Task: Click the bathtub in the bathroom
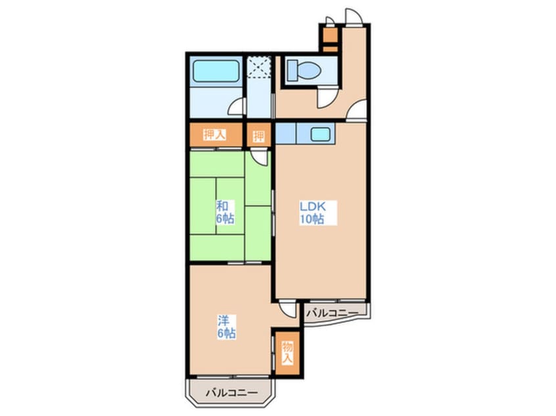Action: point(216,71)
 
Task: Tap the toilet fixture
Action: point(304,70)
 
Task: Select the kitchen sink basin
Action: point(320,134)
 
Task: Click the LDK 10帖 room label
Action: point(312,213)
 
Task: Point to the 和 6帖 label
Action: point(225,212)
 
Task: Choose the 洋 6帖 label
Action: point(227,327)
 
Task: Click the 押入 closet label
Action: point(214,135)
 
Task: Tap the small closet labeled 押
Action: point(259,135)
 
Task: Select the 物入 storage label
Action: point(287,353)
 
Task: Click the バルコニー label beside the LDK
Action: point(333,313)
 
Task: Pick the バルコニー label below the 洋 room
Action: point(231,393)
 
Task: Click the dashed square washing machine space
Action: point(259,66)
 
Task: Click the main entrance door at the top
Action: point(354,16)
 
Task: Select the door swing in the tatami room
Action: point(259,157)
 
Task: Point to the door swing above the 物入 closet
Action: point(287,308)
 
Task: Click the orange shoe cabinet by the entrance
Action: point(331,39)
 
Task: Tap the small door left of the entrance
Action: point(330,21)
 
